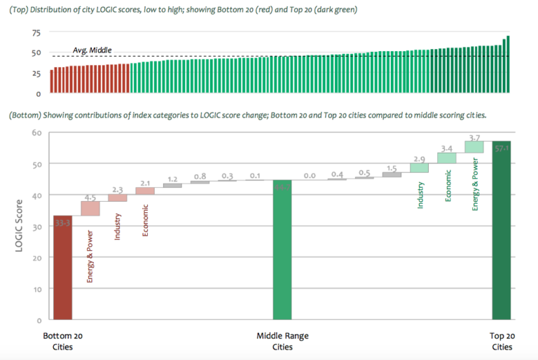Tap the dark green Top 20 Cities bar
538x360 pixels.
(501, 230)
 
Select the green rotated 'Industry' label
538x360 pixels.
(420, 194)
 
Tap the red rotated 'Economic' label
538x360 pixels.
(145, 220)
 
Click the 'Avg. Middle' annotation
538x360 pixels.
(92, 50)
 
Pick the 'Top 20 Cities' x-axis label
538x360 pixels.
(501, 342)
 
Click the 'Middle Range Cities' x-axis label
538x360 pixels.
(282, 342)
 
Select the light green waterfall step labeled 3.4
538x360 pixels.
(447, 158)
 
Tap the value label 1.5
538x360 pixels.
(392, 168)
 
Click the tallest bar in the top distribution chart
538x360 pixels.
(507, 64)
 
